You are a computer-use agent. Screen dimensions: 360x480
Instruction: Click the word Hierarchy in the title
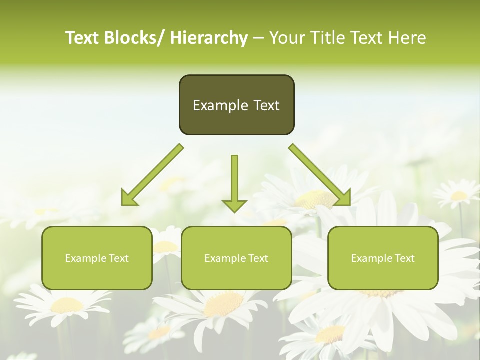pyautogui.click(x=209, y=38)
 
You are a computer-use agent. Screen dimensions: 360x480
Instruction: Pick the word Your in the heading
pyautogui.click(x=287, y=38)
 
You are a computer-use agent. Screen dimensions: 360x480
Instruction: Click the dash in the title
pyautogui.click(x=258, y=38)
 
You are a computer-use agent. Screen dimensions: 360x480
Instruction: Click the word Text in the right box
pyautogui.click(x=404, y=258)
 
